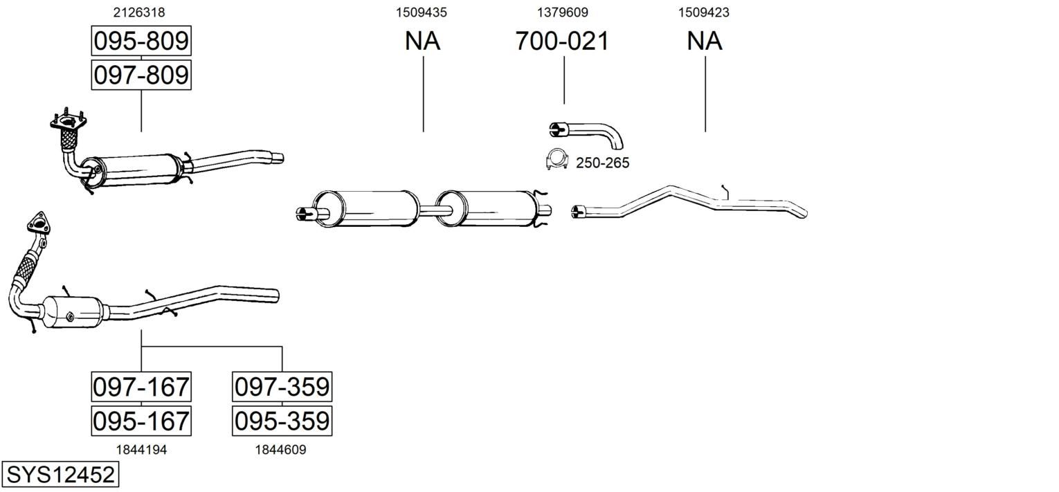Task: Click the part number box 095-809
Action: click(141, 41)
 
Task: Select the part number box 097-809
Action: click(141, 75)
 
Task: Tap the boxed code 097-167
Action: click(141, 387)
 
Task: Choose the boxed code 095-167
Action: click(141, 421)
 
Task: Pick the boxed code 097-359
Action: click(282, 387)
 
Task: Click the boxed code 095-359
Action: click(282, 421)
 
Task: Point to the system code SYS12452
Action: click(60, 474)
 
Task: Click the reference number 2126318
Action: click(139, 12)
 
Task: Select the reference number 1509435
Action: click(422, 12)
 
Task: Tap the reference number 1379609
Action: click(563, 12)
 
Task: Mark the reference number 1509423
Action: click(704, 12)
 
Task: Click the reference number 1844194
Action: click(141, 450)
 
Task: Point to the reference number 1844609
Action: click(281, 450)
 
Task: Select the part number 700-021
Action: click(562, 41)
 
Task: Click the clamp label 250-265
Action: click(602, 163)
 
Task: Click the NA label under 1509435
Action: click(423, 41)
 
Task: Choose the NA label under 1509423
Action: click(705, 41)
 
